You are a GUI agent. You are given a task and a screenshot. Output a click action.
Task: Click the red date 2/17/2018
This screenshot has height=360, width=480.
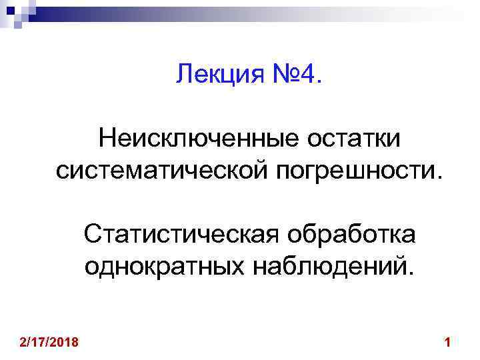click(49, 343)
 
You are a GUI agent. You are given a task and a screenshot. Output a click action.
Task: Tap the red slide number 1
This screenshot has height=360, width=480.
click(447, 343)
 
